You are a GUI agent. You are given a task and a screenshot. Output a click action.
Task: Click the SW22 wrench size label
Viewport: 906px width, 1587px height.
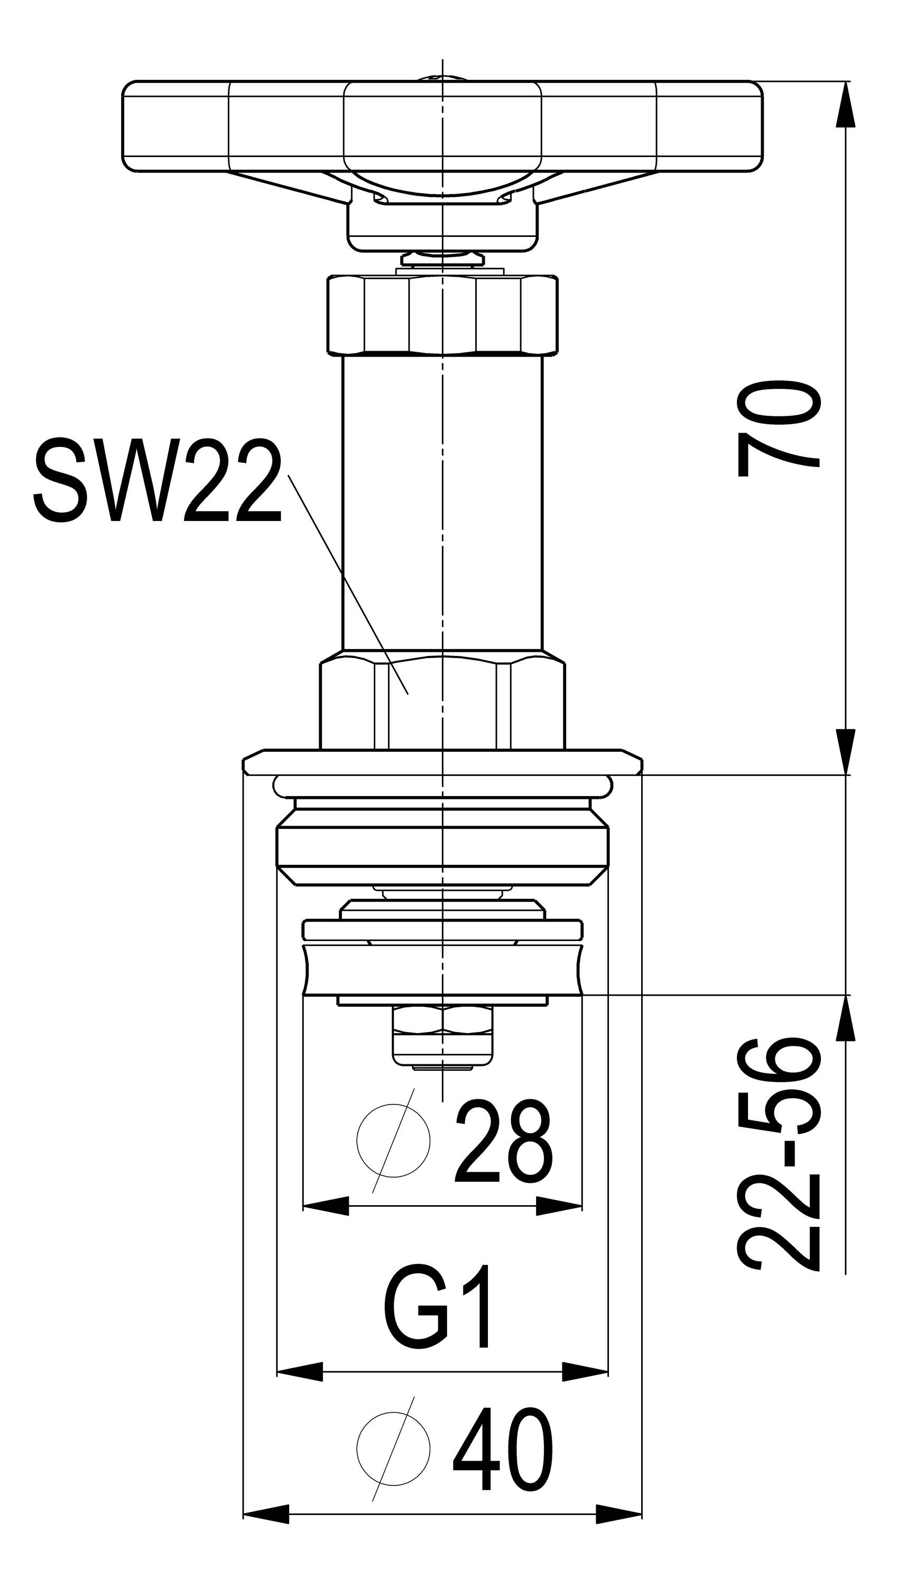(158, 481)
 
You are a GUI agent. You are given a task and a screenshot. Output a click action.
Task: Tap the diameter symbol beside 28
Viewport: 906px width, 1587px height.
(393, 1140)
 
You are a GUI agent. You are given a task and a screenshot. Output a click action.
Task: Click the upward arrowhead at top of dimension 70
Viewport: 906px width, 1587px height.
(846, 105)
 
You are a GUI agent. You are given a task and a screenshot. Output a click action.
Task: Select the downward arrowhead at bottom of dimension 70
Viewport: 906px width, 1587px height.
(846, 752)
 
